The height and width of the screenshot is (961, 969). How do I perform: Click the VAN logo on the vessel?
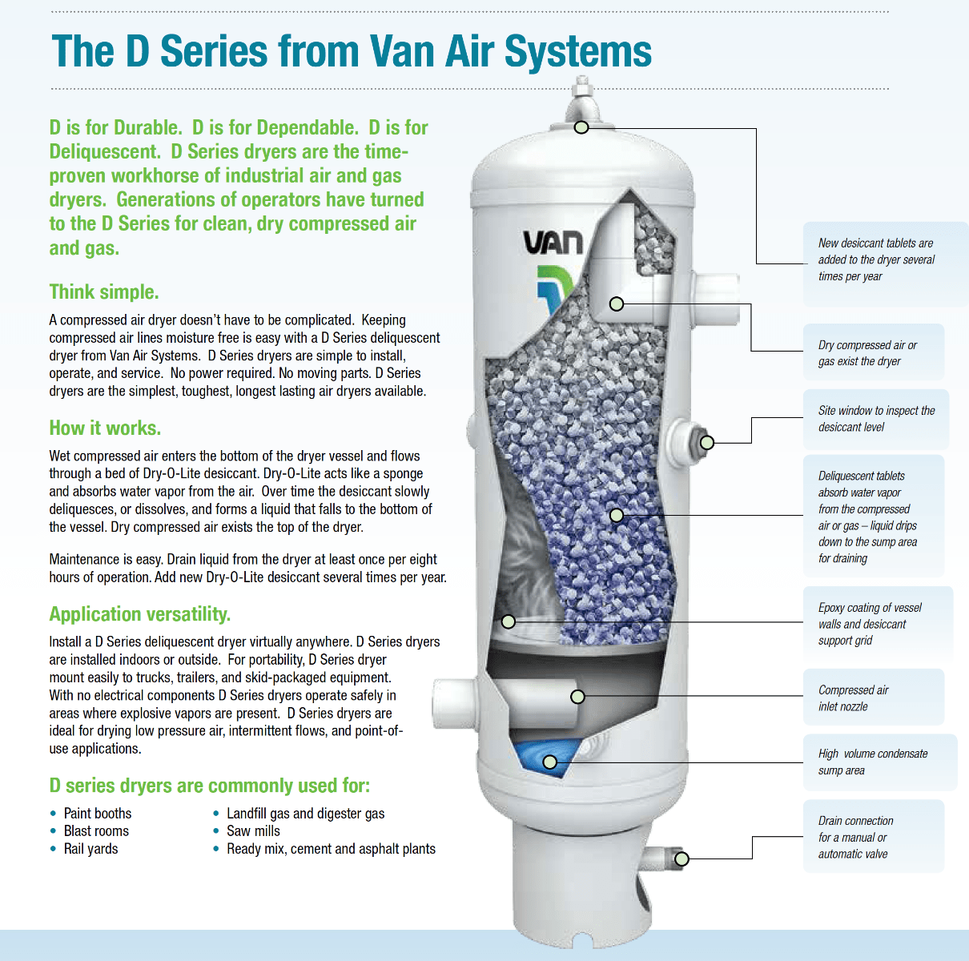click(553, 243)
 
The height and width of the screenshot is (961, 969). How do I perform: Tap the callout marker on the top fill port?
click(581, 127)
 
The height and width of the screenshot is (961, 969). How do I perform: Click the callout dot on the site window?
click(707, 443)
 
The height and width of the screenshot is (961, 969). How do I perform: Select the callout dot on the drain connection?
click(682, 859)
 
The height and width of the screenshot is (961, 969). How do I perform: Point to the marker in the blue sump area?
click(550, 762)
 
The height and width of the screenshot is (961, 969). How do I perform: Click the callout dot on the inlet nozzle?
click(577, 697)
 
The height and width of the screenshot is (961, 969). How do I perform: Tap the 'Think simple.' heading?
click(104, 292)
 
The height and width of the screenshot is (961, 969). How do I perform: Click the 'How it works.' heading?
click(105, 428)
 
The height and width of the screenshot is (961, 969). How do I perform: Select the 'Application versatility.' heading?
click(139, 614)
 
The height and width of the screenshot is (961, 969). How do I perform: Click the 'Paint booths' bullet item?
click(97, 814)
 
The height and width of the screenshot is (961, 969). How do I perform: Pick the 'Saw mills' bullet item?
click(253, 831)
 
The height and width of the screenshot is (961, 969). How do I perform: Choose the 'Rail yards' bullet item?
click(90, 849)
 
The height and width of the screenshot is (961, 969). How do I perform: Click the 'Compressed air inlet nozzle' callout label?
click(853, 698)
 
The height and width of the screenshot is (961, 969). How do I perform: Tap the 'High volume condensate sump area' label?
click(872, 762)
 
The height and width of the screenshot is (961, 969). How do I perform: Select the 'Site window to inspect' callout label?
click(875, 419)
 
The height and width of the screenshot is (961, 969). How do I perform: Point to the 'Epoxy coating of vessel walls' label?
click(869, 624)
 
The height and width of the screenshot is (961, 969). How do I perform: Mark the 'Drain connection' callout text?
click(855, 837)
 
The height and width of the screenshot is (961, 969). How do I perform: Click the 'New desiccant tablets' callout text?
click(875, 259)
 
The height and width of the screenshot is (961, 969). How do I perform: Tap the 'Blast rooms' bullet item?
click(96, 831)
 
